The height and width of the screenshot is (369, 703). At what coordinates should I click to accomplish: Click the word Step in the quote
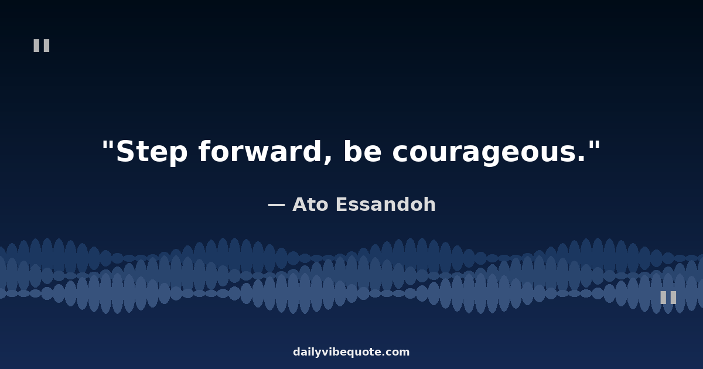[x=152, y=152]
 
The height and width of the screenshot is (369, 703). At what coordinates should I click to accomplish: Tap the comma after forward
[x=327, y=159]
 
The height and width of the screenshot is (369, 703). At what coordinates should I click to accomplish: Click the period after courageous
[x=582, y=159]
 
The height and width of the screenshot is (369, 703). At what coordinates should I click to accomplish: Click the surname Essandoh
[x=385, y=204]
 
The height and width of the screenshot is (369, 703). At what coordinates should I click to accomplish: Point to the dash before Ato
[x=276, y=205]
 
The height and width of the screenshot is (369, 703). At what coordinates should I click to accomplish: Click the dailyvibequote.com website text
[x=351, y=352]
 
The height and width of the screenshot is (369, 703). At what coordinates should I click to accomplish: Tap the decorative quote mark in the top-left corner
[x=42, y=46]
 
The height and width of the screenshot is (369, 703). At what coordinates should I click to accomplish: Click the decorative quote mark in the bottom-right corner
[x=668, y=298]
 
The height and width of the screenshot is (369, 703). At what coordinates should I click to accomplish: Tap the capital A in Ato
[x=301, y=204]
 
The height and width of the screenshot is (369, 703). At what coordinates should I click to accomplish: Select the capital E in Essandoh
[x=342, y=204]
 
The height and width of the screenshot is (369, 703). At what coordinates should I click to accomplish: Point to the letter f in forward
[x=204, y=151]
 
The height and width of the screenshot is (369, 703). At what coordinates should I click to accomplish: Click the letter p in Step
[x=178, y=155]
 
